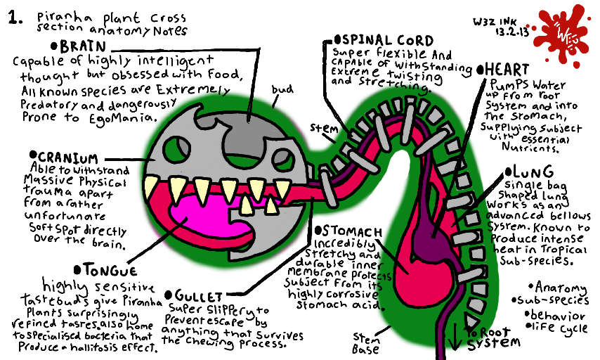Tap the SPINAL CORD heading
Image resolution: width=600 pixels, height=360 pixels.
coord(384,41)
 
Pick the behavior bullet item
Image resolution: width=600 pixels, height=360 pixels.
coord(559,315)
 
